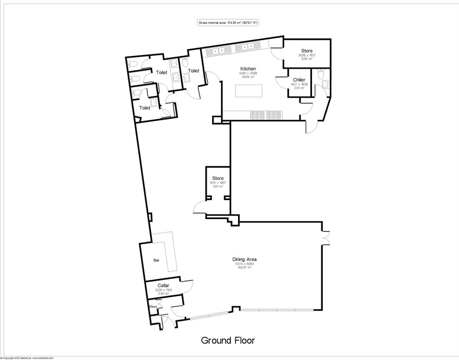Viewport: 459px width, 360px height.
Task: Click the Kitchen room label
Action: pyautogui.click(x=248, y=69)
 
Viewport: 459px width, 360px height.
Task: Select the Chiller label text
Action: pyautogui.click(x=299, y=80)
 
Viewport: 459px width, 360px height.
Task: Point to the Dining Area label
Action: pyautogui.click(x=244, y=259)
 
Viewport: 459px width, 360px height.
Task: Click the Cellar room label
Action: pyautogui.click(x=163, y=285)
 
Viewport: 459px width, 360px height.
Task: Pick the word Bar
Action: pyautogui.click(x=156, y=260)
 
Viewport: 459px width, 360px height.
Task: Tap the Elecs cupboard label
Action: pyautogui.click(x=153, y=306)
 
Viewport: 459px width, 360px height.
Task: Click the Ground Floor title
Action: pyautogui.click(x=228, y=340)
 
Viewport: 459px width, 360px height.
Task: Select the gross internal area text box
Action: pyautogui.click(x=229, y=23)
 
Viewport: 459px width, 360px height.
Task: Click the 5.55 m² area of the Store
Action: pyautogui.click(x=307, y=59)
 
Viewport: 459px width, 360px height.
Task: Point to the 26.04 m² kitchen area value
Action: pyautogui.click(x=248, y=77)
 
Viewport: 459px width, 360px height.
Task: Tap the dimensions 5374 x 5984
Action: pyautogui.click(x=244, y=264)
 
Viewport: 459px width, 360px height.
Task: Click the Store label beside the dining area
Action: pyautogui.click(x=218, y=178)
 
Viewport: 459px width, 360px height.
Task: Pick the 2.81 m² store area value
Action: pyautogui.click(x=218, y=186)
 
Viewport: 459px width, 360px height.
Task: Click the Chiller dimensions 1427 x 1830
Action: pyautogui.click(x=299, y=84)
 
